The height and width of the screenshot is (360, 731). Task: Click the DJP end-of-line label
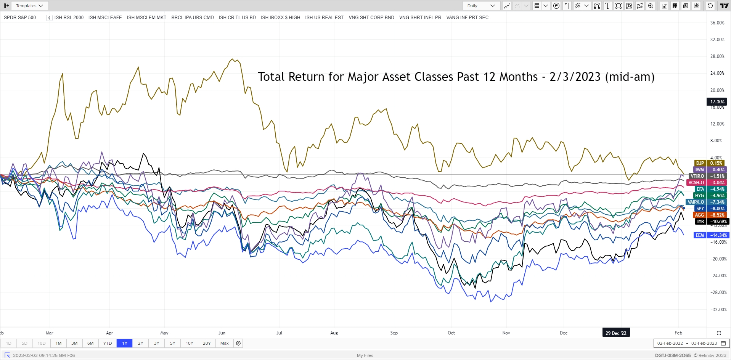coord(700,163)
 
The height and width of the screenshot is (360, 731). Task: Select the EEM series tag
coord(700,235)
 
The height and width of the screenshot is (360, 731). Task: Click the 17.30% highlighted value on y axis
coord(717,102)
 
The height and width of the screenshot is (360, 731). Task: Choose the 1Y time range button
coord(125,343)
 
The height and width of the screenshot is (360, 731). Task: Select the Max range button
coord(225,343)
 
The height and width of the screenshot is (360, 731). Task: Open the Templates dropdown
coord(30,6)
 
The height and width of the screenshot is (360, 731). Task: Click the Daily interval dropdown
coord(481,6)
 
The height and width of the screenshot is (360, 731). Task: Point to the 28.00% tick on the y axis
coord(717,56)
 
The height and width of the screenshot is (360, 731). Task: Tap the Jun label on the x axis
coord(222,333)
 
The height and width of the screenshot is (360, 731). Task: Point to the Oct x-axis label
coord(451,333)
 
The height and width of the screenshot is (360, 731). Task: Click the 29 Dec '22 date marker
coord(615,333)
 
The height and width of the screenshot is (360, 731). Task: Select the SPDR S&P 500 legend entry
coord(20,18)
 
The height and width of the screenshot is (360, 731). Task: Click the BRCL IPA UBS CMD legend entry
coord(193,18)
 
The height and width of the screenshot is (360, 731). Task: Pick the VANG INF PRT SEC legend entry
coord(467,18)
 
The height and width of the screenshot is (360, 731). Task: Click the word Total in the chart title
coord(271,77)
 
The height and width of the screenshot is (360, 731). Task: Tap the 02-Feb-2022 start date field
coord(670,343)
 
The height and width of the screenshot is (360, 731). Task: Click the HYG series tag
coord(699,196)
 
